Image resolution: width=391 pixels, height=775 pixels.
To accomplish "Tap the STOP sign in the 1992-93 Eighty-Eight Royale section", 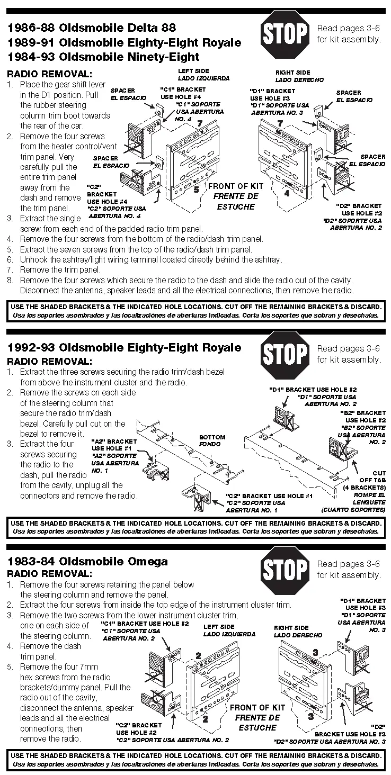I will [286, 355].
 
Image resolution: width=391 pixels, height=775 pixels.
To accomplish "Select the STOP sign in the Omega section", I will [286, 570].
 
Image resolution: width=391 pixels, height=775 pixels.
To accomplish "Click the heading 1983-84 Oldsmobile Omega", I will [87, 561].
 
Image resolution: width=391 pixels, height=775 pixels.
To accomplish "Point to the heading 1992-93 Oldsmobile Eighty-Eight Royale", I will [123, 347].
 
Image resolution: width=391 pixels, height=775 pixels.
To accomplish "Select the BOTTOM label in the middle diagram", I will [212, 437].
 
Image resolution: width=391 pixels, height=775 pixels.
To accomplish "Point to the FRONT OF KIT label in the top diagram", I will [236, 186].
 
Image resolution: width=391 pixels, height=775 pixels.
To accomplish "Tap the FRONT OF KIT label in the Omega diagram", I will [257, 707].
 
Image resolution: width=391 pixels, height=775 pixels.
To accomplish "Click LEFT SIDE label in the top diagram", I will [193, 71].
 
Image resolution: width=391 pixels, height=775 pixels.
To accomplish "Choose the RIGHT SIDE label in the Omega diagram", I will [291, 628].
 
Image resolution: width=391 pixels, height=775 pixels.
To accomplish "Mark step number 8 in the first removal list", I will [10, 280].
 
